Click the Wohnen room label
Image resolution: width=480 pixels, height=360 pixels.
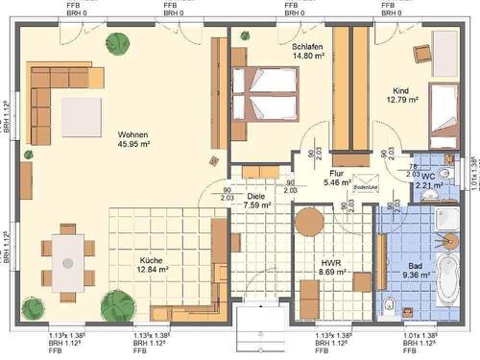(x=132, y=134)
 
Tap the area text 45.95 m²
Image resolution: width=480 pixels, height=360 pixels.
(x=132, y=146)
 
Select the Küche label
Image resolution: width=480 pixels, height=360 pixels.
(x=127, y=258)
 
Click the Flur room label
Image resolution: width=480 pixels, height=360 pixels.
(x=337, y=173)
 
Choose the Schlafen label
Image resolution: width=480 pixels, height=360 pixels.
(x=305, y=45)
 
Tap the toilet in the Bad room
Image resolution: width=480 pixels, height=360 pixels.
(x=388, y=306)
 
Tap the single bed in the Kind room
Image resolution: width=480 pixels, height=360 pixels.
(x=443, y=112)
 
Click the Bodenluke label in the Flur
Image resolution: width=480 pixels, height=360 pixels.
(x=366, y=188)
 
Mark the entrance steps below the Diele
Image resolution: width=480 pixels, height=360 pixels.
(x=257, y=332)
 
